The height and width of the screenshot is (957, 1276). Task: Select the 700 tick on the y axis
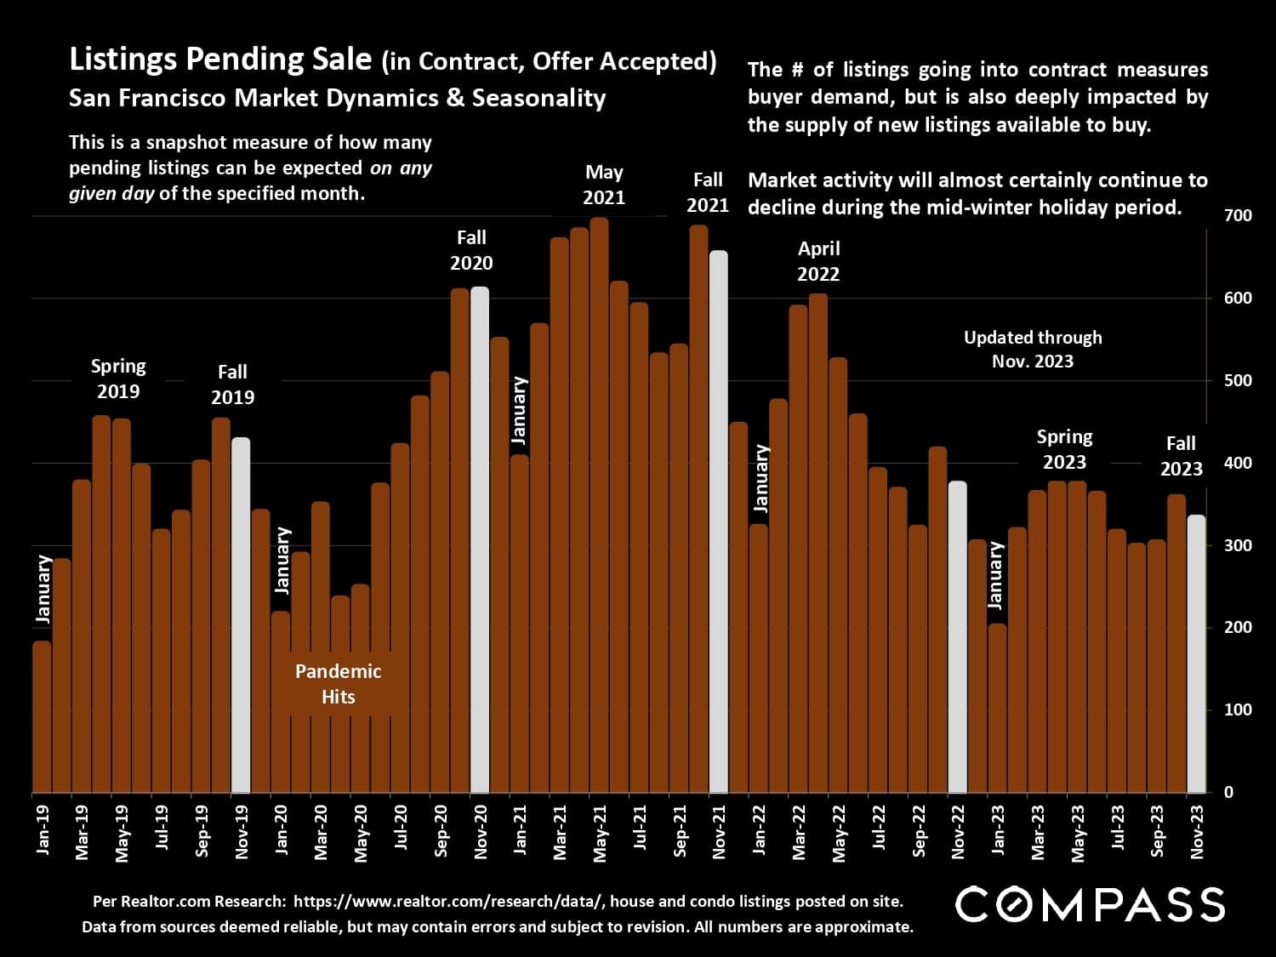point(1238,216)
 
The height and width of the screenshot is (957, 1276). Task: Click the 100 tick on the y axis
point(1238,709)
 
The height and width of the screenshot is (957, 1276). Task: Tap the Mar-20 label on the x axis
point(321,833)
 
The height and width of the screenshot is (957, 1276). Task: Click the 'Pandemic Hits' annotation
point(338,684)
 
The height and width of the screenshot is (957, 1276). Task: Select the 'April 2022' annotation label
point(818,261)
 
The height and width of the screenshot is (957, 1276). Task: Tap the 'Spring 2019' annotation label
point(118,379)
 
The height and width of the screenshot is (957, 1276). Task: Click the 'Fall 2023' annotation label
point(1181,456)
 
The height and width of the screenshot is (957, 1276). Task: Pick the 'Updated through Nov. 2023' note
point(1033,349)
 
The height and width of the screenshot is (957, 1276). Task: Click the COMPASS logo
point(1090,904)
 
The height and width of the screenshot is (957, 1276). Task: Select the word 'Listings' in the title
point(124,60)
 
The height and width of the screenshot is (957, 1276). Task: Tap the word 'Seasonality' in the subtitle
point(538,98)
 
